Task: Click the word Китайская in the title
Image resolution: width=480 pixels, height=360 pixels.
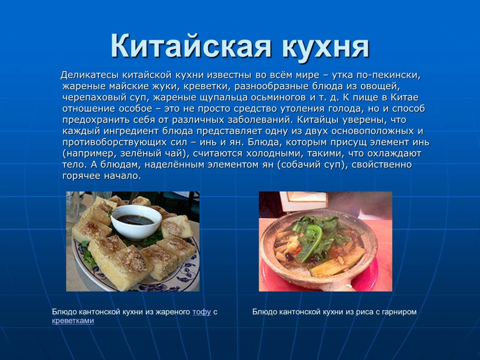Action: coord(191,46)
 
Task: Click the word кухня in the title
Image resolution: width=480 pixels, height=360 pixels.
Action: coord(326,47)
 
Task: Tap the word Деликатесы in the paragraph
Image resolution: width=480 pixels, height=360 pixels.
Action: coord(90,75)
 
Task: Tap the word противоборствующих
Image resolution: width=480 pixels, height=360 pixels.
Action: coord(115,142)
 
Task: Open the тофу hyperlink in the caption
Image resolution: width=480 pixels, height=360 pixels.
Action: coord(202,312)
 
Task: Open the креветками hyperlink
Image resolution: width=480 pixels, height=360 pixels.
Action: coord(73,321)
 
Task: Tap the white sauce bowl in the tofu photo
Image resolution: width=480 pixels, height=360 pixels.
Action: coord(136,221)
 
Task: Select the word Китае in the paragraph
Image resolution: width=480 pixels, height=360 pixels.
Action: coord(404,97)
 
